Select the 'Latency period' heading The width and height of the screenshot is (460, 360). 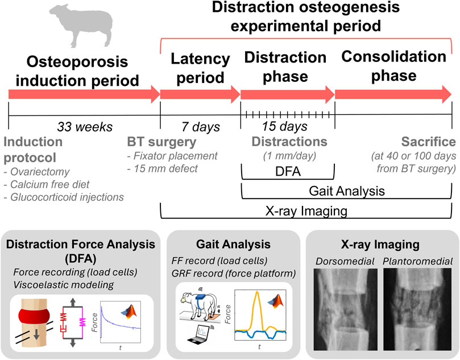pos(196,67)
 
